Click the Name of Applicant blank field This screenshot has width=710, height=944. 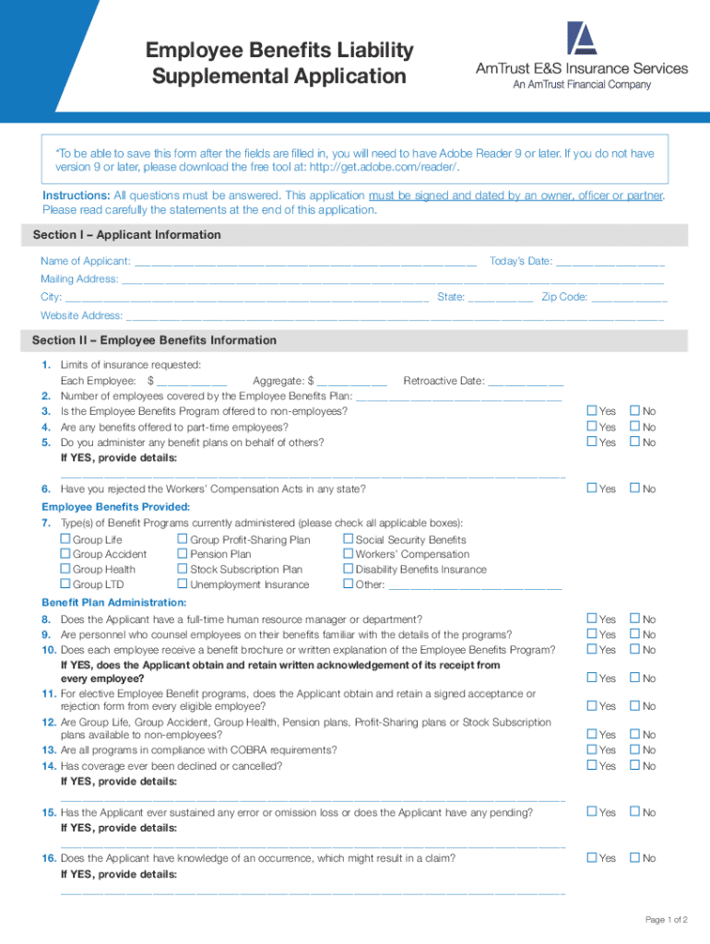point(304,263)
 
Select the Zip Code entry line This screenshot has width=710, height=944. point(629,298)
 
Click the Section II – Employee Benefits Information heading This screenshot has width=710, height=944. point(154,340)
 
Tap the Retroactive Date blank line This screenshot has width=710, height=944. point(526,382)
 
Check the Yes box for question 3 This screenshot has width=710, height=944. point(593,411)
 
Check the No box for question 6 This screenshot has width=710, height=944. point(634,489)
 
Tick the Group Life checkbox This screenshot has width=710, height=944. point(65,539)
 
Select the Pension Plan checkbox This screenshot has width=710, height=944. point(183,554)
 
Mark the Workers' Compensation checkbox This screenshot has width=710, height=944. point(348,554)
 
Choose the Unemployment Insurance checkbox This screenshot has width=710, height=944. point(183,584)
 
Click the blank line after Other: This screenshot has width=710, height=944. point(475,585)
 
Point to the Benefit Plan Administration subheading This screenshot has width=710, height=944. point(102,602)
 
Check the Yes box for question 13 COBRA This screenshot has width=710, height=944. point(593,750)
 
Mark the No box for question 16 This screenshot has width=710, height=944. point(634,858)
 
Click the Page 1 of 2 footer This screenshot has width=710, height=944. point(666,920)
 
